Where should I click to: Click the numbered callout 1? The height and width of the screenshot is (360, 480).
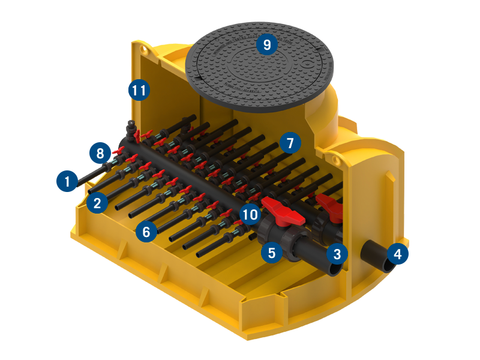67,181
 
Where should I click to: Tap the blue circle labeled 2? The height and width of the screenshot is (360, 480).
97,203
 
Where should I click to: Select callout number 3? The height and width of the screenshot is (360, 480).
337,254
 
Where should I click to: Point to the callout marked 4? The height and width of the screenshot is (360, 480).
397,254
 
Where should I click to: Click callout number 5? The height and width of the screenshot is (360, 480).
272,253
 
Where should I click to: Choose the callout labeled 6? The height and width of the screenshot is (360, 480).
146,232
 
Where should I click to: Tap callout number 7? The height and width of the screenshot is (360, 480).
290,143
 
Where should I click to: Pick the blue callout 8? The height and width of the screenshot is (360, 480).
100,153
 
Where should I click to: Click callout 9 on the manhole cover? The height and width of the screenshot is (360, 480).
267,44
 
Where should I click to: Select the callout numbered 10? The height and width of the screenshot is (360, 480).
250,214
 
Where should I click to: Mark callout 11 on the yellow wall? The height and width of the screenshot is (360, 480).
139,90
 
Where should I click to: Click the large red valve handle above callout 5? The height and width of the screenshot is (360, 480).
283,211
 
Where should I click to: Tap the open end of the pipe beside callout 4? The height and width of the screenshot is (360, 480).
388,264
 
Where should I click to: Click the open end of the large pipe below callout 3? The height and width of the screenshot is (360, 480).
335,269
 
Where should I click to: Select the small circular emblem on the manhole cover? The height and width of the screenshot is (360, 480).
307,65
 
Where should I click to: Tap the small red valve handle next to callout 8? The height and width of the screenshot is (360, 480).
118,151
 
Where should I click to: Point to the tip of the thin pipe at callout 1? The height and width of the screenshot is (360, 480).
79,185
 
